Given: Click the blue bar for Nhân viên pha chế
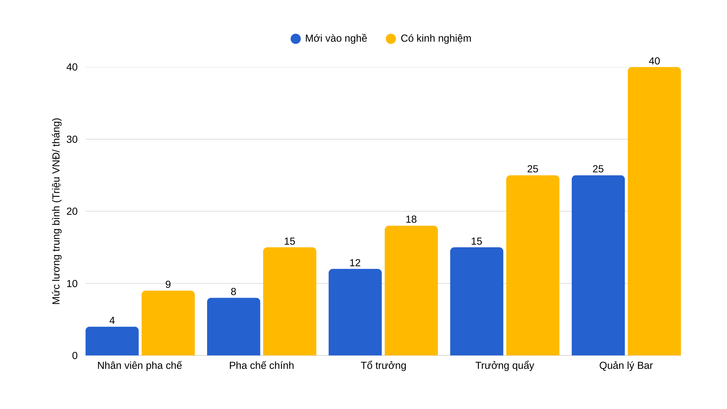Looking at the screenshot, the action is pyautogui.click(x=112, y=341).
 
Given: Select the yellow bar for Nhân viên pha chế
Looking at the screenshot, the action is pyautogui.click(x=168, y=323).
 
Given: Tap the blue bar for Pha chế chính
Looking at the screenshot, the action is pyautogui.click(x=234, y=326).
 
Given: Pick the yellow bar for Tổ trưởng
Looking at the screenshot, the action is pyautogui.click(x=411, y=290).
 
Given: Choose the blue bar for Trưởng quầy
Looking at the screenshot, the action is pyautogui.click(x=477, y=301).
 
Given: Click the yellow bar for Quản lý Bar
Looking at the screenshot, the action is pyautogui.click(x=654, y=211).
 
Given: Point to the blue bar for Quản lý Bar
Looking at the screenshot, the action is pyautogui.click(x=598, y=265).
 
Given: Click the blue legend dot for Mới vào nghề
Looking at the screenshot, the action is pyautogui.click(x=296, y=39).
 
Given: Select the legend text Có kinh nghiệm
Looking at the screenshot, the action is pyautogui.click(x=436, y=39).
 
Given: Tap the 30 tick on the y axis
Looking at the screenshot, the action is pyautogui.click(x=72, y=139).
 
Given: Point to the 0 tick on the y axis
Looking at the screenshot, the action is pyautogui.click(x=75, y=356).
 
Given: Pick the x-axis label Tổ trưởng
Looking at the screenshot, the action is pyautogui.click(x=383, y=365).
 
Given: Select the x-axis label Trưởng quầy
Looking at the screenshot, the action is pyautogui.click(x=505, y=366).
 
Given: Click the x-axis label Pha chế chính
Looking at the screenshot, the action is pyautogui.click(x=262, y=365).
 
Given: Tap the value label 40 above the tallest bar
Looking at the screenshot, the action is pyautogui.click(x=654, y=61).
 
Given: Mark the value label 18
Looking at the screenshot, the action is pyautogui.click(x=411, y=219).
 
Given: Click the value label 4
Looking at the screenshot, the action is pyautogui.click(x=112, y=320).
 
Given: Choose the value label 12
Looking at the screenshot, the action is pyautogui.click(x=355, y=263).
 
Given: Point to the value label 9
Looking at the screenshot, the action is pyautogui.click(x=168, y=284).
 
